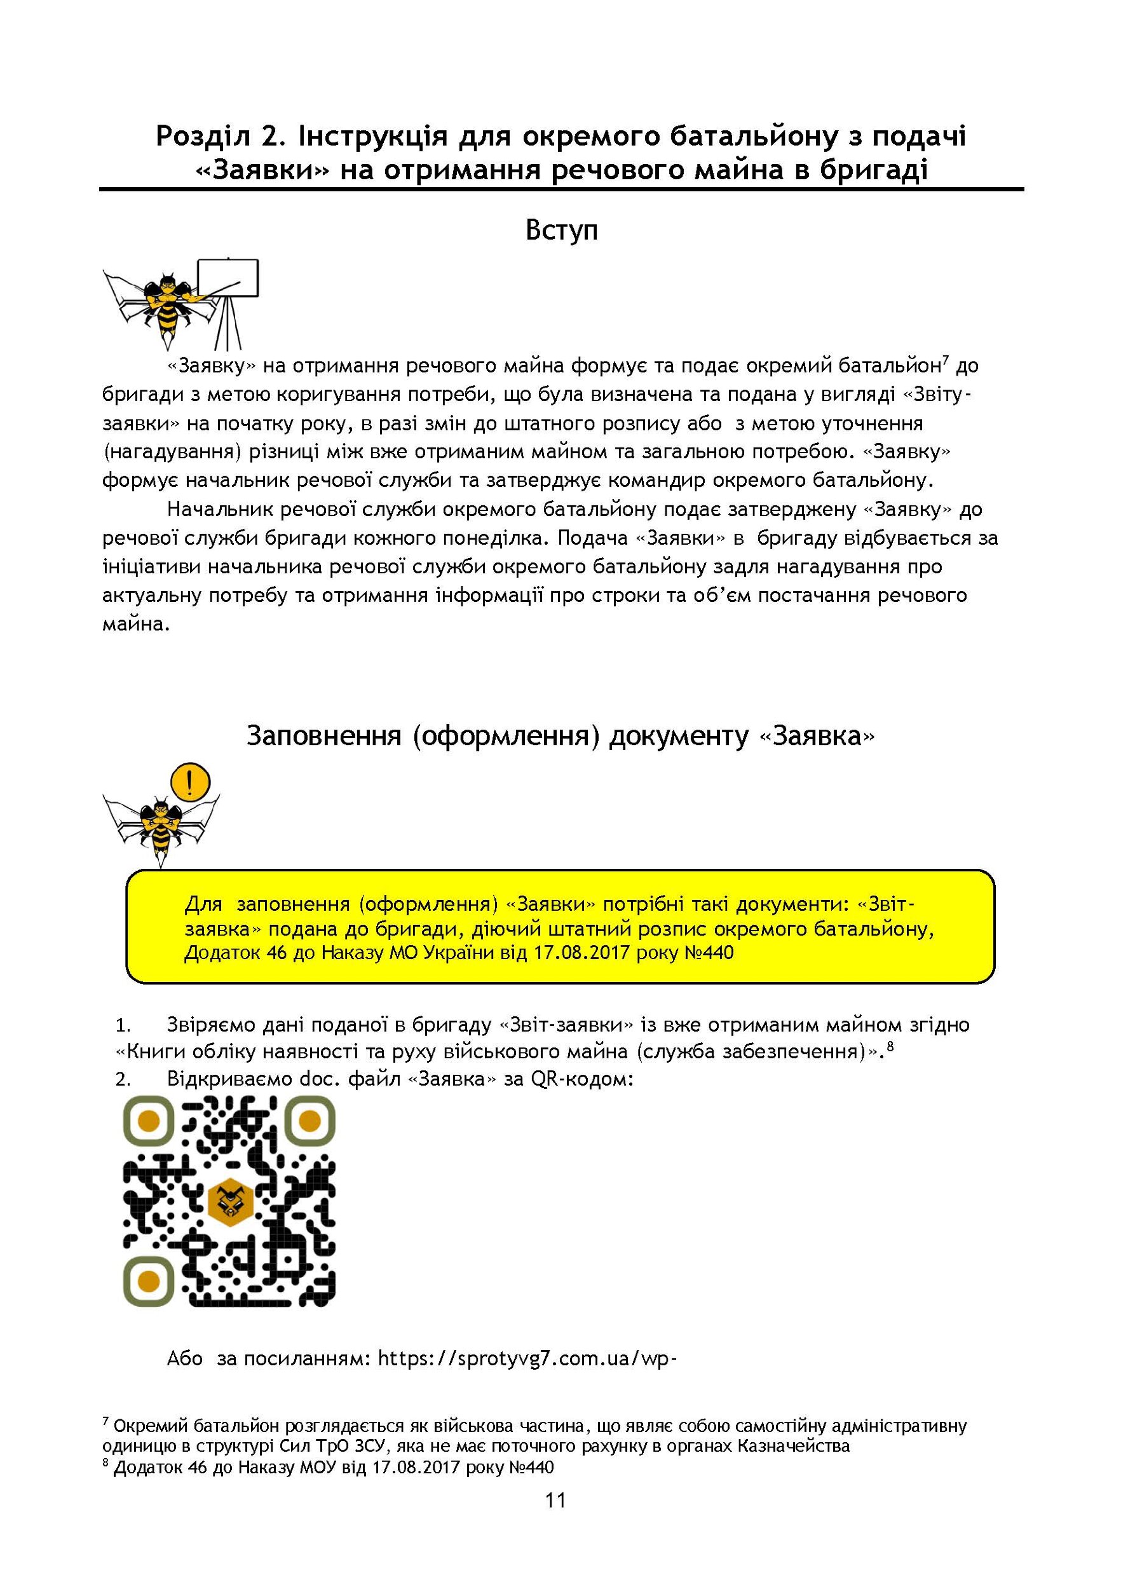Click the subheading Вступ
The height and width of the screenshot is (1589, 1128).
561,230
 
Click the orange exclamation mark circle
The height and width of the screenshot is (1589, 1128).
189,781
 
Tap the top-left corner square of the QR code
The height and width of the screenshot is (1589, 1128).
148,1120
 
